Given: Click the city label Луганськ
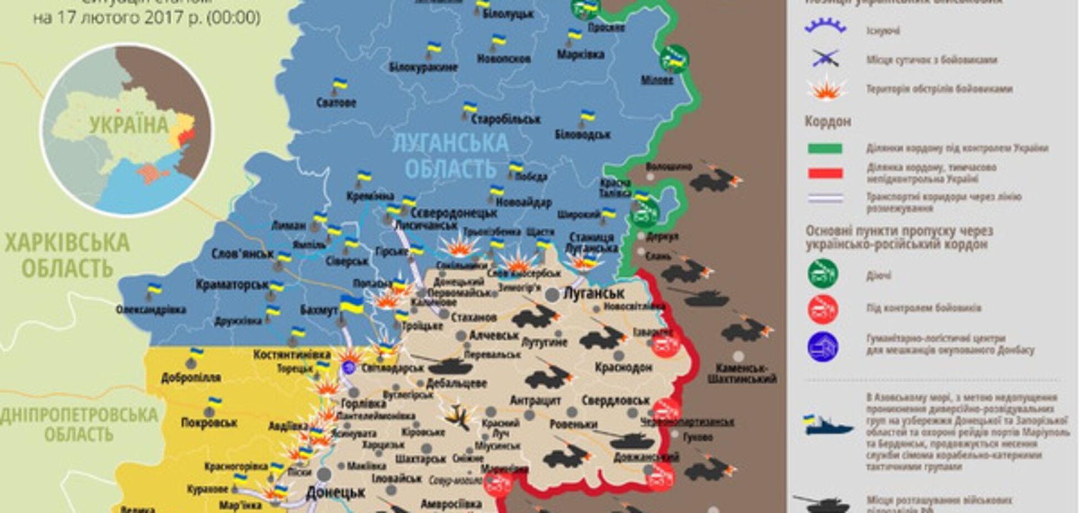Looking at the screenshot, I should [593, 293].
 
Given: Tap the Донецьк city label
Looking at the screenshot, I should [335, 492].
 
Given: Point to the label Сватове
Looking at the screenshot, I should [336, 103].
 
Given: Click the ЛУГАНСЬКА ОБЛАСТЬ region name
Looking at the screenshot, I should [450, 155].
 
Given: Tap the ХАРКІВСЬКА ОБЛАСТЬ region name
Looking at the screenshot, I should [67, 256].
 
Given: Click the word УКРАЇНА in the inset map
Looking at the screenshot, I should [129, 125].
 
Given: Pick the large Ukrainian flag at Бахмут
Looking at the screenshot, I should [351, 305].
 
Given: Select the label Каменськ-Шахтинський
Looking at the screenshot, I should [742, 374].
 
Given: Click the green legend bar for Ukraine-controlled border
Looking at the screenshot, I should [825, 148].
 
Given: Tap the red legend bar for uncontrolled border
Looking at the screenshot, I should [825, 173].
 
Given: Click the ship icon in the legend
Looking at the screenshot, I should [827, 426].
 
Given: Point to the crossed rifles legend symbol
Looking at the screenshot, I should [825, 58].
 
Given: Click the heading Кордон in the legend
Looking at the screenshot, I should [828, 122].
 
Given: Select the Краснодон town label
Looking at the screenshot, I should [623, 367].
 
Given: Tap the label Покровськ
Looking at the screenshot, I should [209, 423].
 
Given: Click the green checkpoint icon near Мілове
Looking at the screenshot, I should [674, 58].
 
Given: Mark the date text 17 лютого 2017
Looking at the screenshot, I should [147, 18].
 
